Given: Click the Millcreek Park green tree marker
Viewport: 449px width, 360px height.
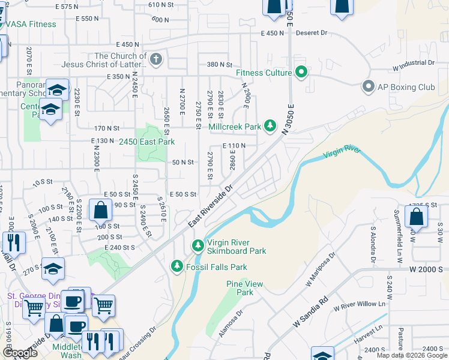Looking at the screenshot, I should point(271,126).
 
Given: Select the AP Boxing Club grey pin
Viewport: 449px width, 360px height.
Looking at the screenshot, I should point(368,87).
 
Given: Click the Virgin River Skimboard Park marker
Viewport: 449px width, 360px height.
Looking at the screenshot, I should point(197,245).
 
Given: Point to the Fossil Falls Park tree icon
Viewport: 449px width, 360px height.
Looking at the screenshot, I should point(176,266).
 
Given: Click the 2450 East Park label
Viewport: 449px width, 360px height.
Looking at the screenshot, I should point(146,142).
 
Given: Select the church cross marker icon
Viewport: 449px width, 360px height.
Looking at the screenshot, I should point(156,59).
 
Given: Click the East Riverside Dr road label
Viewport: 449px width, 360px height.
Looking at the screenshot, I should point(210,205).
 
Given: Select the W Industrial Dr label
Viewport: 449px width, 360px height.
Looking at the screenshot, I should point(413,62).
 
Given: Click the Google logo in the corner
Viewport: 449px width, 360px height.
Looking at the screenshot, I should point(20,353).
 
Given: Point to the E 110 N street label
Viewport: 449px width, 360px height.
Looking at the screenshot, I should point(234,146).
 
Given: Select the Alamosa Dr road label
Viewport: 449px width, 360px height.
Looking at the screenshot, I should point(231,324).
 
